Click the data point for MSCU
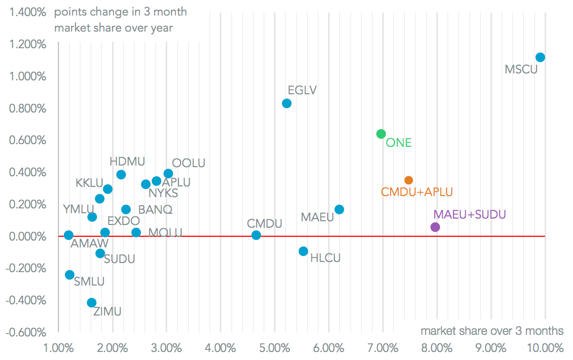(x=540, y=57)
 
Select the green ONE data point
(x=381, y=134)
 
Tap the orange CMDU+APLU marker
(x=408, y=181)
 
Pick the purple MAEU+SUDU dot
(x=435, y=227)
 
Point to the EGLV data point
(x=287, y=103)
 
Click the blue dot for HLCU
(x=303, y=251)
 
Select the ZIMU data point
(x=92, y=303)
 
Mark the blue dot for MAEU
(x=339, y=209)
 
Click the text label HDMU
(x=127, y=161)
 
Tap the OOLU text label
(x=188, y=163)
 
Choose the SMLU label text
(x=89, y=281)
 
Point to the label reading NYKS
(x=163, y=193)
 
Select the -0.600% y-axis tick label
(x=26, y=332)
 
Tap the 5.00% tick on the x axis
(x=275, y=348)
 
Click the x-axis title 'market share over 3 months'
(x=492, y=331)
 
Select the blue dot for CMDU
(x=256, y=235)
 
